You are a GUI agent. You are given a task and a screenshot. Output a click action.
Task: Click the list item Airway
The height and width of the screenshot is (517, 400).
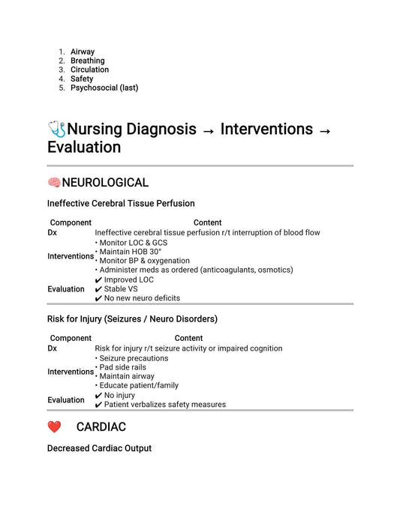83,52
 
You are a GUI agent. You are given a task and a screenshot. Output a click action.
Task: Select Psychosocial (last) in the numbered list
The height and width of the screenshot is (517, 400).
104,88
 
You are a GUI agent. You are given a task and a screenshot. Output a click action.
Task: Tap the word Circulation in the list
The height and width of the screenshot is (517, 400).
89,70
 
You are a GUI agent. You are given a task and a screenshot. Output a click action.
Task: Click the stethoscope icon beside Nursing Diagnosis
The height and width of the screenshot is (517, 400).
56,129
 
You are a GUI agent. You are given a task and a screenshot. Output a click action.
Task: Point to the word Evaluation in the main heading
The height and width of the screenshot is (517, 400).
84,147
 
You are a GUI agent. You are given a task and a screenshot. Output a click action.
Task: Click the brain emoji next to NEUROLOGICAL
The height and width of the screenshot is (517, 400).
54,183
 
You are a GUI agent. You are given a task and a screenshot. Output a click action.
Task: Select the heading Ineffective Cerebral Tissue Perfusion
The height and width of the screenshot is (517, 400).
121,203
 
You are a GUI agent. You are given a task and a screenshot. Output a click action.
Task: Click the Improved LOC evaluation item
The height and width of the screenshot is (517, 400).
128,279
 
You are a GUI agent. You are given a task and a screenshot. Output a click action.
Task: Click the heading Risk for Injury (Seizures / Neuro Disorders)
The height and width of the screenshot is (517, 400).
132,318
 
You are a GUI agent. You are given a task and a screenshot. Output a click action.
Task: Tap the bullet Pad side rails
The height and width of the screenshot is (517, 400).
122,367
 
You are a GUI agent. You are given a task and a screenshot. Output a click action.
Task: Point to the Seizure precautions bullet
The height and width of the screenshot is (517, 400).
134,358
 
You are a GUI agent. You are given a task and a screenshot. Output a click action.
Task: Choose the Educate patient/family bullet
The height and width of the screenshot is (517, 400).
139,385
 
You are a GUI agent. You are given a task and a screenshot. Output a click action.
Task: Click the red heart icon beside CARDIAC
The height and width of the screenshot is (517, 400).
54,427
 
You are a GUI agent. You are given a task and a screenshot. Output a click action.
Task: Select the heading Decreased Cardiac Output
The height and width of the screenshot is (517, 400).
99,448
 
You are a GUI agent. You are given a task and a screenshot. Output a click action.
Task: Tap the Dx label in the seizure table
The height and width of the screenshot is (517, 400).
52,348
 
